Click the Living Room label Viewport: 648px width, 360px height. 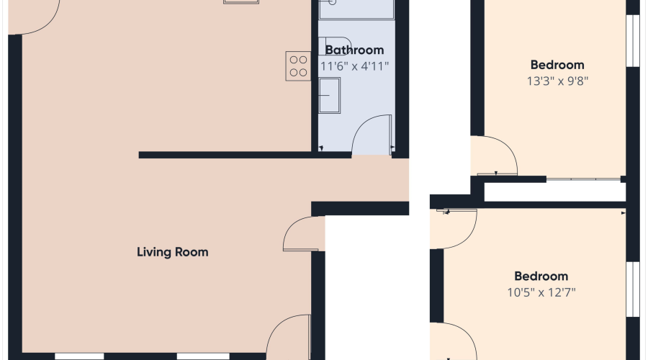172,252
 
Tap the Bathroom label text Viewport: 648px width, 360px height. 354,50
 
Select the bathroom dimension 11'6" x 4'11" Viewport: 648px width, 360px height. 354,66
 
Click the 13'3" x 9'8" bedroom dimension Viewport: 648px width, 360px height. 557,81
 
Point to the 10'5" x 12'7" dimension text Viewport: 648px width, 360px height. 541,292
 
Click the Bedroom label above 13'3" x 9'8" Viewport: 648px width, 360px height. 557,65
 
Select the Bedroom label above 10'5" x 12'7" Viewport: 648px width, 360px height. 541,276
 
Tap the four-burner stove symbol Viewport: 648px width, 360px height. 298,66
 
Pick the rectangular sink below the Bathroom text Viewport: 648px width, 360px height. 329,95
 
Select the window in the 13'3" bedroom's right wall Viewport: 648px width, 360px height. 633,40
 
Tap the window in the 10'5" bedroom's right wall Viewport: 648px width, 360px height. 633,289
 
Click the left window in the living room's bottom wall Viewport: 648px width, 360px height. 79,356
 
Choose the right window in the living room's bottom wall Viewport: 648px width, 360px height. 203,356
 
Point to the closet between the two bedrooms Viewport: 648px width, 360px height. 554,192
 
